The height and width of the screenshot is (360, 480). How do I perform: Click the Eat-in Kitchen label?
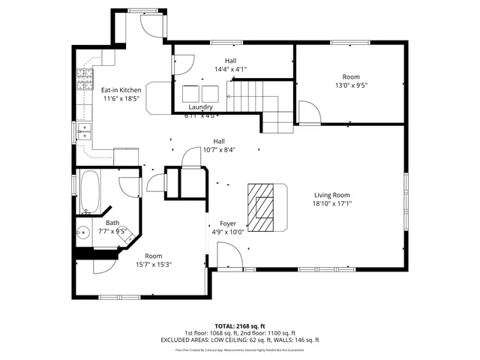point(121,90)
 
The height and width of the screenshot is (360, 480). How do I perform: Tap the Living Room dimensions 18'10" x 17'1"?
point(332,202)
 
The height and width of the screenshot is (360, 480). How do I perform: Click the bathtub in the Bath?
point(89,191)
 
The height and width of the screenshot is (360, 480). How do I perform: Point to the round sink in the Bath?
point(84,232)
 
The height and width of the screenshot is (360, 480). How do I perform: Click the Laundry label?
point(200,107)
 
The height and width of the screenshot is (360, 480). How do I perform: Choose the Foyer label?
point(228,223)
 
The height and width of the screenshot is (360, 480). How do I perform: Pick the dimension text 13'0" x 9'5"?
point(351,85)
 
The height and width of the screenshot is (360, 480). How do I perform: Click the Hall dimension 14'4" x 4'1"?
point(230,68)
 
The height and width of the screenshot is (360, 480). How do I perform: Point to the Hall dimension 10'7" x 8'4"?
point(219,149)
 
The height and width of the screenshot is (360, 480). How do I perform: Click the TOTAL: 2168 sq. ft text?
point(240,325)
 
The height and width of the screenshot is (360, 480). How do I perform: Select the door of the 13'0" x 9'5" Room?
point(309,112)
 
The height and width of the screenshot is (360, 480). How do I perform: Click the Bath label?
point(112,223)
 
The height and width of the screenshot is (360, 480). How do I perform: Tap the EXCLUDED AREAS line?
point(240,340)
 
